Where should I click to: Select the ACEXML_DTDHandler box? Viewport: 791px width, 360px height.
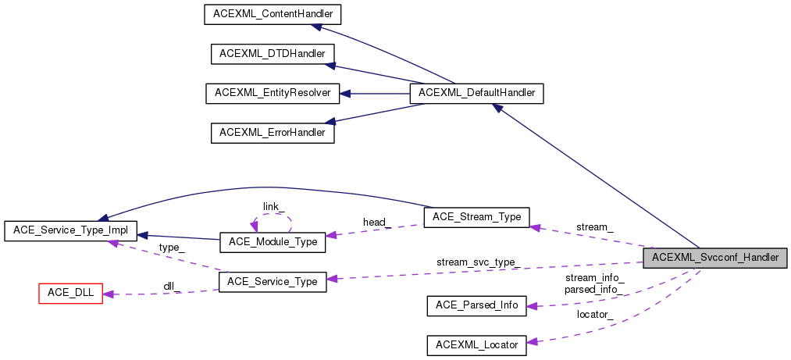tap(273, 54)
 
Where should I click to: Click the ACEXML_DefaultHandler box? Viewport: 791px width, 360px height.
tap(477, 93)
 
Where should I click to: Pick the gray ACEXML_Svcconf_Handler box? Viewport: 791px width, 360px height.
tap(714, 257)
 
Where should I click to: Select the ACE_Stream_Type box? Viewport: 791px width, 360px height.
tap(476, 217)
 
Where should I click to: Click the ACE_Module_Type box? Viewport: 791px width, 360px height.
tap(273, 242)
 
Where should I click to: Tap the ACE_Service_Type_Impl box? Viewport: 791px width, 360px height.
tap(71, 231)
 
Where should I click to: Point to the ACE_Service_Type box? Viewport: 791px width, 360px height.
tap(273, 281)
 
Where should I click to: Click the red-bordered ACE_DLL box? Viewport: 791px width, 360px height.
tap(71, 294)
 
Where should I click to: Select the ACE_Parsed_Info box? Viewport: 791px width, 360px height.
tap(476, 305)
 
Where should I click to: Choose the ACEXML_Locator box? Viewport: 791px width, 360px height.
tap(476, 344)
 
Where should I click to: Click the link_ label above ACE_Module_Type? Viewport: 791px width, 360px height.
tap(273, 206)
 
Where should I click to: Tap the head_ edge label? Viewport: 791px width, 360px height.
tap(376, 223)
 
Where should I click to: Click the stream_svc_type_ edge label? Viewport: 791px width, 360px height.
tap(478, 262)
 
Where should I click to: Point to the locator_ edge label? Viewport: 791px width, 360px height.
tap(595, 314)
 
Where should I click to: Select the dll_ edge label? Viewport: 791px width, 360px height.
tap(172, 286)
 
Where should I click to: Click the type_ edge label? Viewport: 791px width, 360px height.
tap(172, 247)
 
